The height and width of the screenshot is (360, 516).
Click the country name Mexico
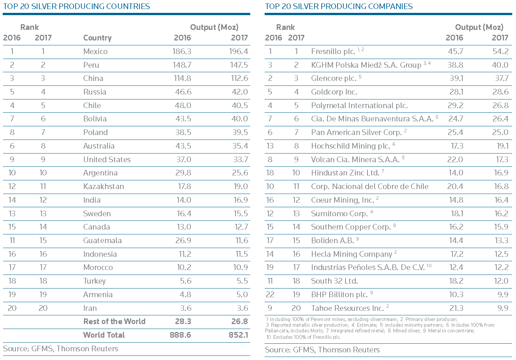95,51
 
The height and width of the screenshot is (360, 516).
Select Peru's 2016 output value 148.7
182,65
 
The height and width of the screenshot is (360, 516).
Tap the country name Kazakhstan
104,186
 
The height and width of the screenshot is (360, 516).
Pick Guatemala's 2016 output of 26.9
183,241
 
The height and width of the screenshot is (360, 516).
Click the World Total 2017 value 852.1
238,335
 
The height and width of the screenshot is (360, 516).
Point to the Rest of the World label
114,321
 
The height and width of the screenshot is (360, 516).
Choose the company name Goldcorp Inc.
334,92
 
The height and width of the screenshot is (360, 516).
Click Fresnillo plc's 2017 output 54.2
501,51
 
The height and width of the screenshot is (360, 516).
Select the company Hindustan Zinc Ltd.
345,172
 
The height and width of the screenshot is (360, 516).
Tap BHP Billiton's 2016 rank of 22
270,294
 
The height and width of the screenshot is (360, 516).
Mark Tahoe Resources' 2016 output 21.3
456,308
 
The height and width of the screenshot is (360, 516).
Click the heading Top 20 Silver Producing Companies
339,6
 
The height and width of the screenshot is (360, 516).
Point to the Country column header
98,38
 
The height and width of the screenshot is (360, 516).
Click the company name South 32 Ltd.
334,281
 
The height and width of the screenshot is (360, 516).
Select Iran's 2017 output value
242,308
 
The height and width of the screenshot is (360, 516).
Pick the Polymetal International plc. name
359,106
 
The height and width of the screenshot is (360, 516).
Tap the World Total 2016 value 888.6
180,335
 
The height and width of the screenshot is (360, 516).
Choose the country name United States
107,159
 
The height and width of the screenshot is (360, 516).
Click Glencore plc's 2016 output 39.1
456,78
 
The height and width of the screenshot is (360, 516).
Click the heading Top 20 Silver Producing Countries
76,6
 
